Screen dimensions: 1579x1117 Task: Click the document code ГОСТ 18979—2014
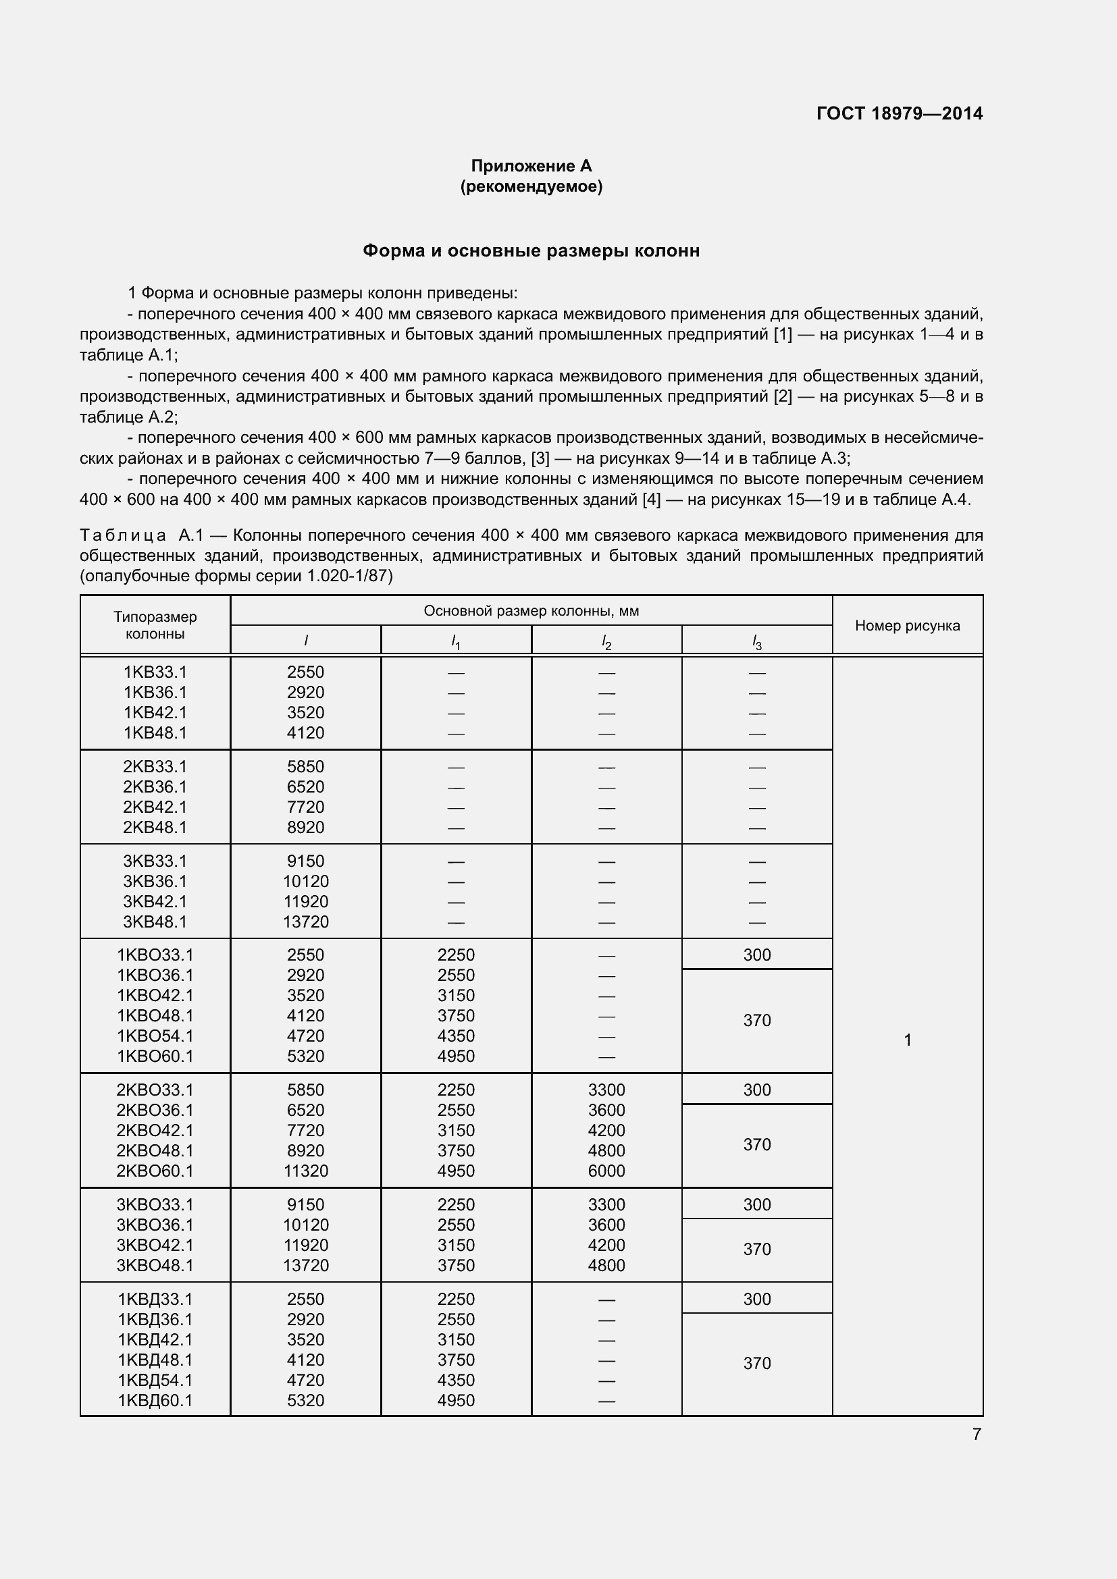pos(899,113)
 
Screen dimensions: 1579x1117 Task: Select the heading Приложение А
pos(531,166)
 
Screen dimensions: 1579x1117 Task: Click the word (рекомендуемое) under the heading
pos(531,186)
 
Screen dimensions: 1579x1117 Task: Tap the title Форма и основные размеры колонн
pos(531,251)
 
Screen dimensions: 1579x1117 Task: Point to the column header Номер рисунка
pos(906,625)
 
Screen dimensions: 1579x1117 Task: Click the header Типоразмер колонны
pos(155,625)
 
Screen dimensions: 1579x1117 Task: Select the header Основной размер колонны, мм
pos(531,611)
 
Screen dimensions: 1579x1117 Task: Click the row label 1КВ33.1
pos(155,672)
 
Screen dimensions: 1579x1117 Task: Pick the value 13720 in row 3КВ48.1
pos(305,921)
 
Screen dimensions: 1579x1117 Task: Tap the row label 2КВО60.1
pos(155,1171)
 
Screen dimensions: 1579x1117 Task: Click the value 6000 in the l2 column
pos(606,1171)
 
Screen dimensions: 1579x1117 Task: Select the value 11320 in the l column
pos(305,1171)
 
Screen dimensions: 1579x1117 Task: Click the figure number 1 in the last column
pos(906,1040)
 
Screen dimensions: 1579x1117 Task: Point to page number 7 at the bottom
pos(976,1434)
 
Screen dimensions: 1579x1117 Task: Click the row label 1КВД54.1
pos(155,1380)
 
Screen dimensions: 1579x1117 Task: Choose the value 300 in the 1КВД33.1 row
pos(756,1298)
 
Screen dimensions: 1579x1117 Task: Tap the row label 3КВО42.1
pos(155,1245)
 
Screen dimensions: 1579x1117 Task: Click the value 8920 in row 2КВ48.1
pos(305,828)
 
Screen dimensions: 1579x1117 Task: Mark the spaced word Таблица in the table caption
pos(122,535)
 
